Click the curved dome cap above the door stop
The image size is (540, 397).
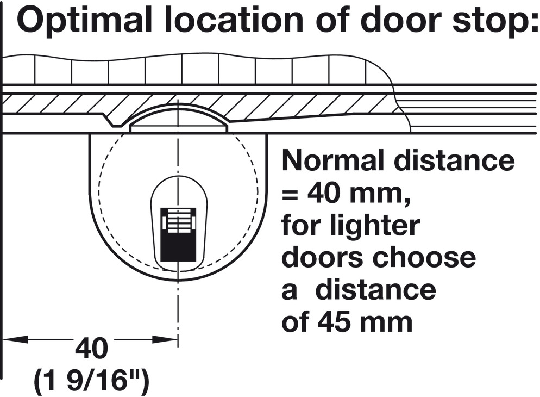tap(178, 115)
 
